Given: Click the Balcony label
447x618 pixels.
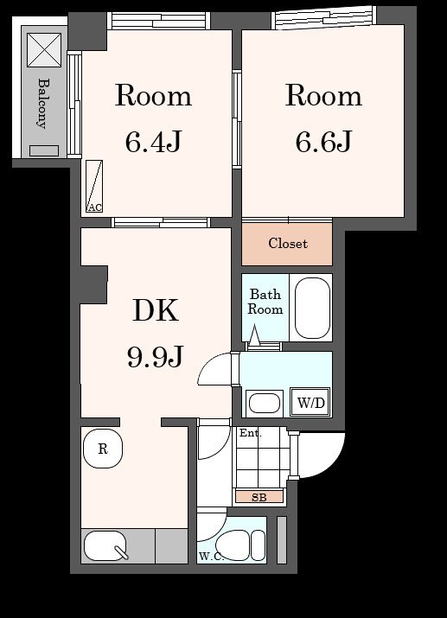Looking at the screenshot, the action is [x=44, y=104].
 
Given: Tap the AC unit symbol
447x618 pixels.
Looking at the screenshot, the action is [x=94, y=186].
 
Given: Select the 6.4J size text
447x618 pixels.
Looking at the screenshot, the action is [x=153, y=142].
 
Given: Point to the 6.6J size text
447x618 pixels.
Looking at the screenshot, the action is [x=323, y=142].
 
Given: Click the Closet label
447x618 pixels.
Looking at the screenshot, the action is [x=288, y=243].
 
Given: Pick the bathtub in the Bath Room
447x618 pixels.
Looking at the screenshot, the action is [x=312, y=309].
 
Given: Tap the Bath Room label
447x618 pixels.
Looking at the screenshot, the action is [x=265, y=302].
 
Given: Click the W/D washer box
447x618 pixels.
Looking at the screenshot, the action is [x=310, y=403].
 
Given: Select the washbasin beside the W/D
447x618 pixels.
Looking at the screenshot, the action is [x=265, y=403].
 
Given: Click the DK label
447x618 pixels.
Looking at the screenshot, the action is [x=156, y=310].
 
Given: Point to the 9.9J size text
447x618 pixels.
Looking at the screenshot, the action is [x=156, y=356].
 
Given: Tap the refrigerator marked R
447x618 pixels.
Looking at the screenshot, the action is [x=103, y=449].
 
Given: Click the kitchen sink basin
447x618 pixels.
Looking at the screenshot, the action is [x=105, y=546].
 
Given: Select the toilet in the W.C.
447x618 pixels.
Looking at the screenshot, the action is [x=241, y=545].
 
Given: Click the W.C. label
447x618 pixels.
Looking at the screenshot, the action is [x=211, y=557].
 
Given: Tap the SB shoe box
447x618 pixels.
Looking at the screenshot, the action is [x=259, y=497].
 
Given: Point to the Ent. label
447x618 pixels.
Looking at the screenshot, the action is [x=251, y=433].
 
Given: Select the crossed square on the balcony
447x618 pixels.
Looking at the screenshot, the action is [x=44, y=50].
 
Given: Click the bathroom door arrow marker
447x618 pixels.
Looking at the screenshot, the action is [x=255, y=334].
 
